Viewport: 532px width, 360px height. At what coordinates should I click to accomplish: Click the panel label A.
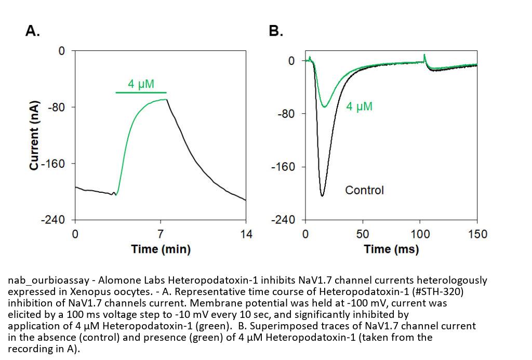pos(33,31)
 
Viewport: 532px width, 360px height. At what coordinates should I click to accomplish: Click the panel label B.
pos(276,31)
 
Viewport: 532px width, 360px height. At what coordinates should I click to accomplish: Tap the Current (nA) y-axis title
pos(34,134)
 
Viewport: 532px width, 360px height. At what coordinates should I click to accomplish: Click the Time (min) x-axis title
pos(161,249)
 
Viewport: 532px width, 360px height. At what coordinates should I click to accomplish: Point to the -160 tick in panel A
pos(55,164)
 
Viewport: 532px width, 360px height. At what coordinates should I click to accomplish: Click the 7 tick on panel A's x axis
pos(161,234)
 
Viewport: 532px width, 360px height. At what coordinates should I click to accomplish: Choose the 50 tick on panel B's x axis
pos(363,234)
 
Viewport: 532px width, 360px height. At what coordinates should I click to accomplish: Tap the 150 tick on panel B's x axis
pos(477,234)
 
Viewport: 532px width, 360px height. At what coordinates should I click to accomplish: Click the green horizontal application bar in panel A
pos(144,92)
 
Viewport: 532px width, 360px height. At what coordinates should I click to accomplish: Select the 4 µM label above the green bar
pos(141,84)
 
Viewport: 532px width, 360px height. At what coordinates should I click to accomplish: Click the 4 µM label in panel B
pos(359,107)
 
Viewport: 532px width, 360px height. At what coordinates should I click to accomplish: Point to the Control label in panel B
pos(364,190)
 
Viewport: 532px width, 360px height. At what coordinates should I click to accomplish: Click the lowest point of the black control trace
pos(322,196)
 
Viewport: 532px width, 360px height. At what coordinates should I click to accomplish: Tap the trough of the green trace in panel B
pos(325,107)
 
